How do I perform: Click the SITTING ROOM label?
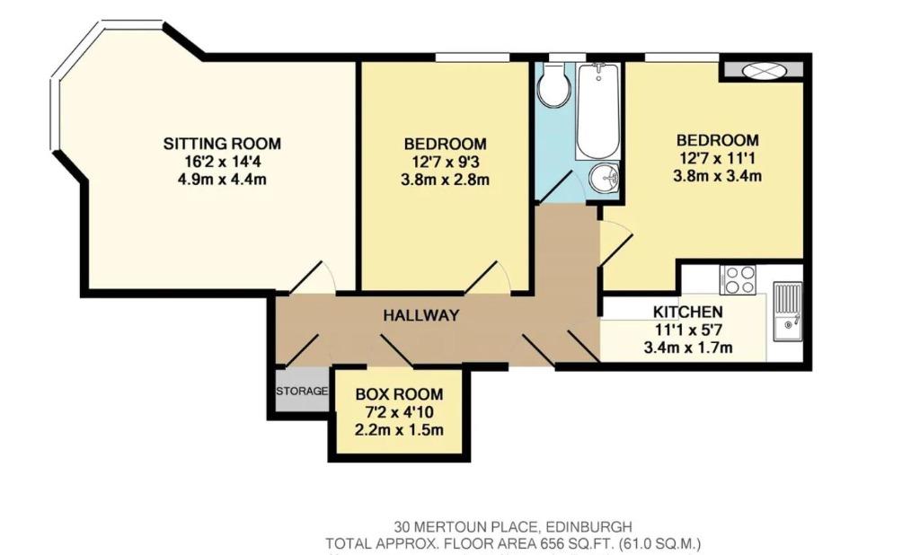click(x=222, y=143)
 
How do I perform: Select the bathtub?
click(x=597, y=110)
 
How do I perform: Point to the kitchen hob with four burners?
click(x=739, y=280)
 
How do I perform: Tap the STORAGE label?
click(x=302, y=391)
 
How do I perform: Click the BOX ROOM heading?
click(x=399, y=394)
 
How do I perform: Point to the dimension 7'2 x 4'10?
click(x=399, y=412)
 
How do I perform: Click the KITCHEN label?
click(x=687, y=312)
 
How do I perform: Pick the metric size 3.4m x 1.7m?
click(x=687, y=348)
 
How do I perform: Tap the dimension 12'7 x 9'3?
click(x=445, y=162)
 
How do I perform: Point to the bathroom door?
click(x=557, y=185)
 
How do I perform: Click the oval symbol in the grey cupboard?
click(x=762, y=70)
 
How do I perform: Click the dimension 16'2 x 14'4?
click(x=222, y=162)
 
